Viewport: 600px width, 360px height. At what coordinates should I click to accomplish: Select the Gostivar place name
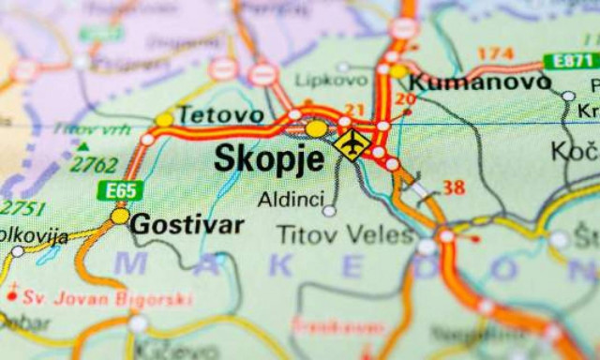(187, 224)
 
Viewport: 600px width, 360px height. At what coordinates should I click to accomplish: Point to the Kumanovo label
(480, 82)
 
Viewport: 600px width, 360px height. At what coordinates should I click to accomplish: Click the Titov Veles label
(345, 233)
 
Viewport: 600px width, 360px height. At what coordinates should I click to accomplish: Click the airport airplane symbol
(352, 145)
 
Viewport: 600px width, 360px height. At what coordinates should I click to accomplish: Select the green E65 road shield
(119, 190)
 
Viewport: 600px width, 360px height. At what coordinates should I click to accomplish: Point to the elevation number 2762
(95, 165)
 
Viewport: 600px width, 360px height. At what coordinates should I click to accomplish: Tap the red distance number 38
(454, 187)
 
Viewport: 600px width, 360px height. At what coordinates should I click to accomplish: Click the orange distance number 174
(495, 53)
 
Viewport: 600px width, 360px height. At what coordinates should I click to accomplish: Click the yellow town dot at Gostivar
(119, 216)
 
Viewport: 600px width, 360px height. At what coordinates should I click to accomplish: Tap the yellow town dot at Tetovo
(165, 119)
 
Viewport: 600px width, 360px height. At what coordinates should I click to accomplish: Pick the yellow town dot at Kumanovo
(398, 70)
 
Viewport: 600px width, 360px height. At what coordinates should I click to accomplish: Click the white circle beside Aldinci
(329, 212)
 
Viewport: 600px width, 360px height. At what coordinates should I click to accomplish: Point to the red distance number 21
(354, 110)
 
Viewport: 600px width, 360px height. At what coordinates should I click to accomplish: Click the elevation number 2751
(21, 207)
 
